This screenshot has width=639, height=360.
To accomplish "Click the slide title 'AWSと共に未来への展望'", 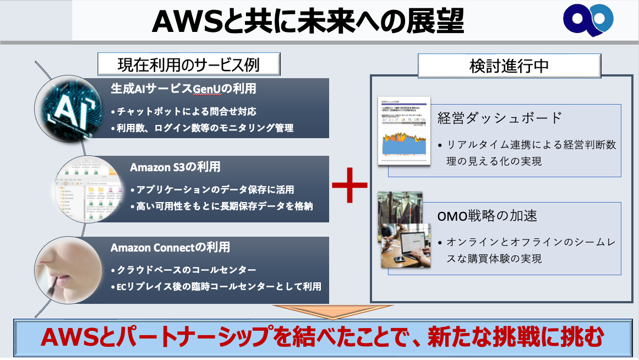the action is click(x=308, y=21).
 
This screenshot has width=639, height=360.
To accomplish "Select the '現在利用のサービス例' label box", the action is click(x=189, y=64).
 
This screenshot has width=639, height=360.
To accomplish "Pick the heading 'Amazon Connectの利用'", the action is click(x=170, y=247).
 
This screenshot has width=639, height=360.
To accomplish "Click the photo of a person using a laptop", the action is click(x=407, y=247).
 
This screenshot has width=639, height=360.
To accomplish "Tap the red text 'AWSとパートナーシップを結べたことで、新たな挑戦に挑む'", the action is click(x=321, y=337).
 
